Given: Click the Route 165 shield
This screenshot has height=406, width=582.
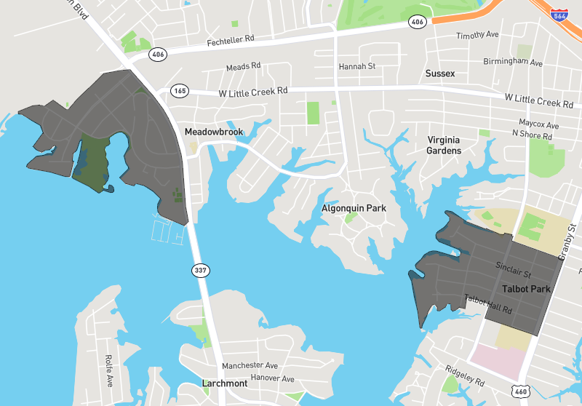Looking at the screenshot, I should point(180,91).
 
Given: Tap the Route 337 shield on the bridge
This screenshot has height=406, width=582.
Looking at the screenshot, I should point(201,271).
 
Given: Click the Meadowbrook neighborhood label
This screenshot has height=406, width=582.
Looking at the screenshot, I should point(213,132).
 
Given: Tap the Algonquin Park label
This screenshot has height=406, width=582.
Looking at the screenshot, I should point(354,209).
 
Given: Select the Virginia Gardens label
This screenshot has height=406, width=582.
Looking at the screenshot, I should point(444,145).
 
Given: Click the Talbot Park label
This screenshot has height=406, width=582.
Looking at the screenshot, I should point(526,289).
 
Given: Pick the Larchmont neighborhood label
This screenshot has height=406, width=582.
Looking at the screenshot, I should point(224,383).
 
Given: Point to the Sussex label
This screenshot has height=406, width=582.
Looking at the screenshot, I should point(439,73).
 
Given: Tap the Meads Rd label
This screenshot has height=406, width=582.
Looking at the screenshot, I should point(243,67).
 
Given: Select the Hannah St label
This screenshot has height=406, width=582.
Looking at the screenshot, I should point(356,66).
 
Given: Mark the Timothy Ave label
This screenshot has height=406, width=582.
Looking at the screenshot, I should point(477,35).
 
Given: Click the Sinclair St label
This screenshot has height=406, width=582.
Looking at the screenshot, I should point(514,270).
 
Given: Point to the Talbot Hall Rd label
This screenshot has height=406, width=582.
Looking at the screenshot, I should point(488,304).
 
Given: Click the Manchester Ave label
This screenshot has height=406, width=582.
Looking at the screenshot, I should point(250,365).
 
